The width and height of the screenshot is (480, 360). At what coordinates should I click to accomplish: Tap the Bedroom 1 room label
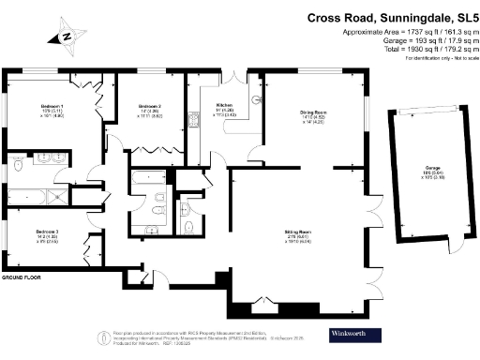click(x=37, y=110)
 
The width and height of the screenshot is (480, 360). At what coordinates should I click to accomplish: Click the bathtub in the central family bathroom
click(x=150, y=175)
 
